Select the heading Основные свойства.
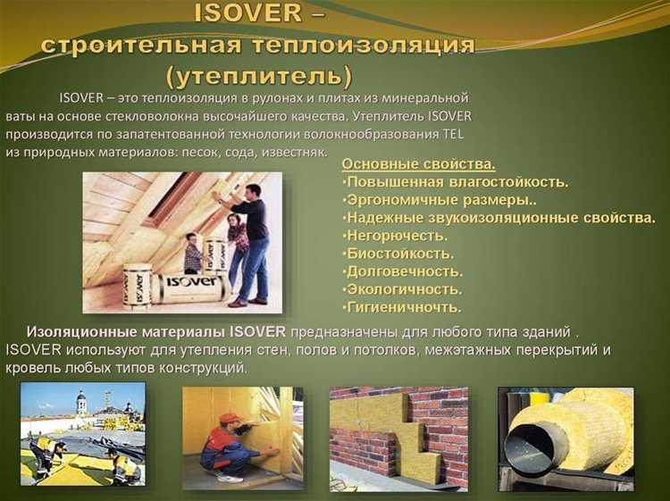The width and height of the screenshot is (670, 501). point(418,164)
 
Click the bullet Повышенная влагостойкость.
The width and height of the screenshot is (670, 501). point(455,182)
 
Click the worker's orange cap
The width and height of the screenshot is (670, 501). point(230,419)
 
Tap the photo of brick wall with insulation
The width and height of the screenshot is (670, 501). point(398,437)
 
